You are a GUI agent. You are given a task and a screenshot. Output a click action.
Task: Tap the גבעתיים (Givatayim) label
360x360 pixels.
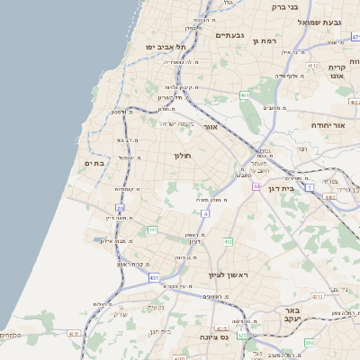(231, 35)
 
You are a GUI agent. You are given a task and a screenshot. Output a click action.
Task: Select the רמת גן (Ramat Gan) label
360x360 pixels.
(267, 40)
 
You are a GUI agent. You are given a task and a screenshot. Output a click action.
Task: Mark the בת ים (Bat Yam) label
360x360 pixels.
(94, 164)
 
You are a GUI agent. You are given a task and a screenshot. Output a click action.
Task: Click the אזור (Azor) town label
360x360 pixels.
(211, 127)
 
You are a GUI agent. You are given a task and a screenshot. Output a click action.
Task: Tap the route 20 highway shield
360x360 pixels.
(120, 208)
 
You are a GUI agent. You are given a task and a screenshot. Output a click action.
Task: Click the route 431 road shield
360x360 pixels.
(154, 278)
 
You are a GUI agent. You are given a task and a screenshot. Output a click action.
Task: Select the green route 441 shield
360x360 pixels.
(153, 230)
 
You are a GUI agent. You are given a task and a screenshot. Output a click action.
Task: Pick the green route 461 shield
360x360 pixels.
(244, 94)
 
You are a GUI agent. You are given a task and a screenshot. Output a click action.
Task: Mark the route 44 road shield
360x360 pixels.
(256, 186)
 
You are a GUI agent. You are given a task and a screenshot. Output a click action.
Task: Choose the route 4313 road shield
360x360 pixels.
(315, 295)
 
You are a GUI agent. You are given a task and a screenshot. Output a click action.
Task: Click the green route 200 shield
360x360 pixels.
(309, 342)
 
